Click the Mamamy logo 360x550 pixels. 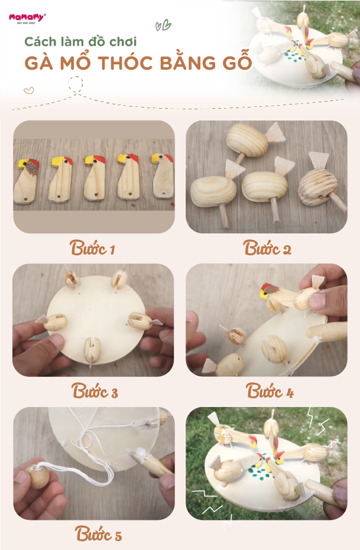(x=27, y=18)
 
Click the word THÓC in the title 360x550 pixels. (x=127, y=63)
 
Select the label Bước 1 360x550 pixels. (x=92, y=248)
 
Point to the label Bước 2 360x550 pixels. (x=267, y=248)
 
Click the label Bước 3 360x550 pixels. (x=95, y=390)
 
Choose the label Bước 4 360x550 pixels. (x=269, y=390)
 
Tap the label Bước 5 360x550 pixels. (x=98, y=533)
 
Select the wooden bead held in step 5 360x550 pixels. (x=38, y=476)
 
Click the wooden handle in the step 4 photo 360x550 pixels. (x=327, y=332)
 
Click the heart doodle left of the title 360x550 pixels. (x=29, y=90)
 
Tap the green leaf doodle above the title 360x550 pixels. (x=163, y=25)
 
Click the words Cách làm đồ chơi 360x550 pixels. (x=80, y=42)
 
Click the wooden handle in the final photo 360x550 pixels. (x=320, y=490)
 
